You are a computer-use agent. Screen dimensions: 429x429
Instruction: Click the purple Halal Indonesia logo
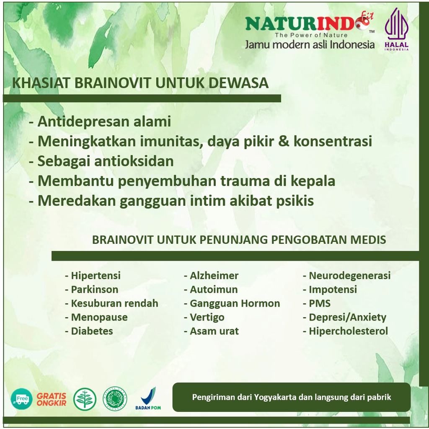[x=396, y=29]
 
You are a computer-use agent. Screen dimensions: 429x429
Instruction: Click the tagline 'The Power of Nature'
[x=311, y=35]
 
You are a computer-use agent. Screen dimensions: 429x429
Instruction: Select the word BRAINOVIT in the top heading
[x=113, y=83]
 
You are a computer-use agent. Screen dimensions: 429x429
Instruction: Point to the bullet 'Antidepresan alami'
[x=100, y=121]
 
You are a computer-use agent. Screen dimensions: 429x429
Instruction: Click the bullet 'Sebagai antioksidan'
[x=101, y=161]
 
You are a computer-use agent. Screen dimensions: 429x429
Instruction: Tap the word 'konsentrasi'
[x=333, y=141]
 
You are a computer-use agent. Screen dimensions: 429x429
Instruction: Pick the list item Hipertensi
[x=93, y=276]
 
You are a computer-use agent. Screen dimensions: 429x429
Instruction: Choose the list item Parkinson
[x=91, y=289]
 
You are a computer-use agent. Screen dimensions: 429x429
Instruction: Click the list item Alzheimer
[x=211, y=276]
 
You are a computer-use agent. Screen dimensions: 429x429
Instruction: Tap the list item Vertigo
[x=204, y=318]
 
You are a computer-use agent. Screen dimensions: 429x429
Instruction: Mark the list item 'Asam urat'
[x=211, y=331]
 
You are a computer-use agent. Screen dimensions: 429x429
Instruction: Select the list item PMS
[x=317, y=303]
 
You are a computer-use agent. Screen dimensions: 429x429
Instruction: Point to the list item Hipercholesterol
[x=345, y=331]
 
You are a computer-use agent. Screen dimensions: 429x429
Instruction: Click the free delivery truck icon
[x=22, y=399]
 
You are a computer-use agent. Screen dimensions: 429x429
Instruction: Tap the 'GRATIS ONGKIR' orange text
[x=52, y=399]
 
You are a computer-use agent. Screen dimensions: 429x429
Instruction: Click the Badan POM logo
[x=148, y=398]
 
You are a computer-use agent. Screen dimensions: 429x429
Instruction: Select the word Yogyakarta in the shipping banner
[x=275, y=397]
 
